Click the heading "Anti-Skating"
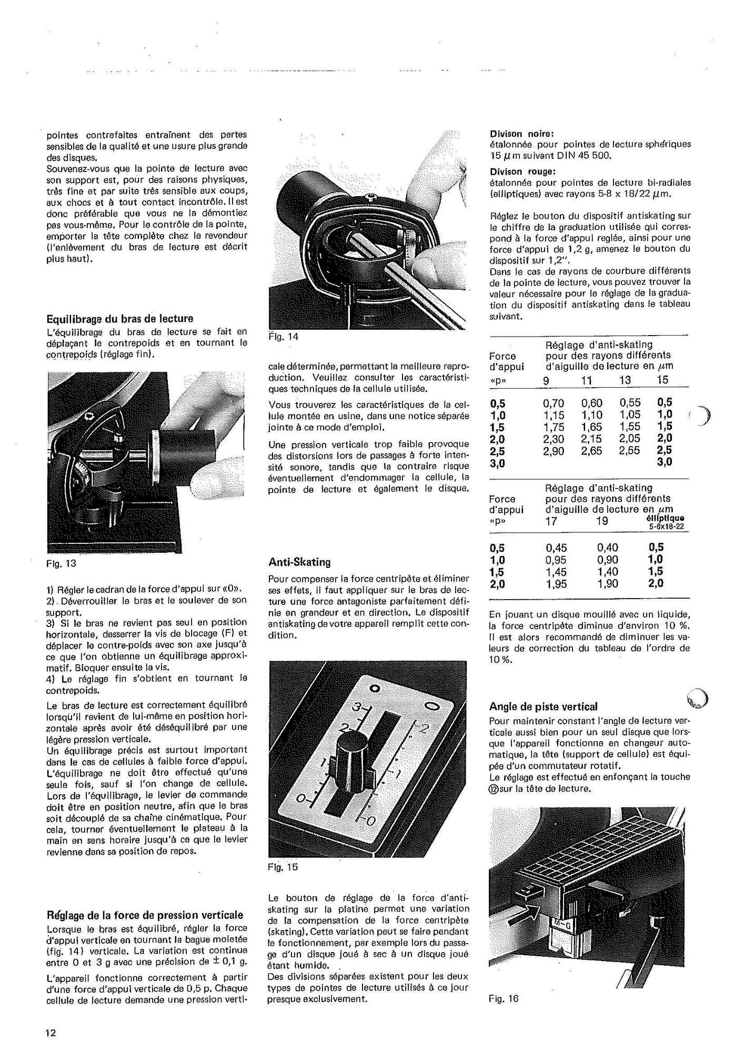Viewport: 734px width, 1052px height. tap(299, 562)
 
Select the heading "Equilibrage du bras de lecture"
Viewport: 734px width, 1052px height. tap(120, 319)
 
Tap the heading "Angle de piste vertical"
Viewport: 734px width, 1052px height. tap(544, 706)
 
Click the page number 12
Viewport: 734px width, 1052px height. tap(51, 1033)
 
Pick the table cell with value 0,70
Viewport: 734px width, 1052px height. tap(554, 403)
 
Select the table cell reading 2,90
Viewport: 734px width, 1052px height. tap(554, 451)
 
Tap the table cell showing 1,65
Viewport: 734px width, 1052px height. tap(592, 427)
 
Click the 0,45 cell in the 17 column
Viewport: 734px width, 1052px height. tap(556, 548)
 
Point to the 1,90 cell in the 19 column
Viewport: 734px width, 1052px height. tap(608, 583)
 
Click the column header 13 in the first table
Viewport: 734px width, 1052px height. tap(626, 380)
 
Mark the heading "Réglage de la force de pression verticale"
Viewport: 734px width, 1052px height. tap(145, 915)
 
